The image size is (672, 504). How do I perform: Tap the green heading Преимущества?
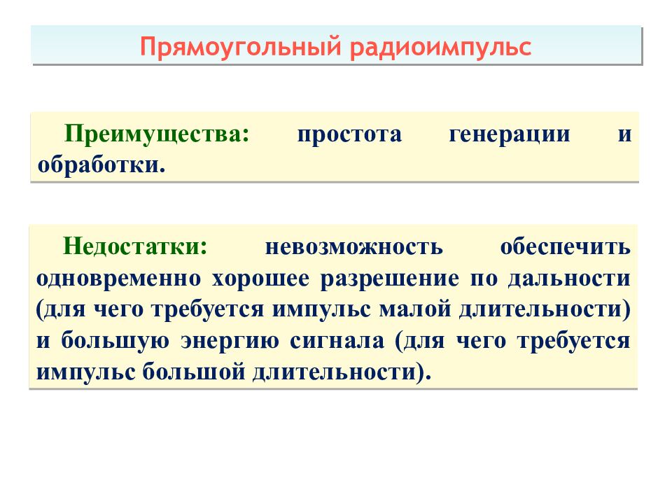tap(156, 134)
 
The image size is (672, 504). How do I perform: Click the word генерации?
tap(509, 134)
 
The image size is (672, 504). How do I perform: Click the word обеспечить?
tap(566, 246)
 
